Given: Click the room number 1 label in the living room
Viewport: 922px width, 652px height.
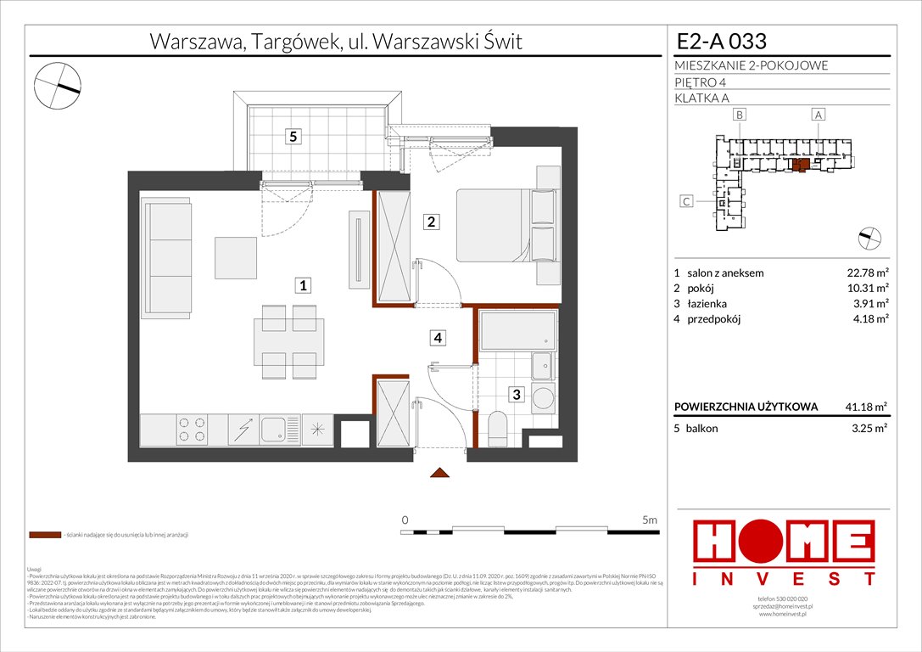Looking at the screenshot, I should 303,286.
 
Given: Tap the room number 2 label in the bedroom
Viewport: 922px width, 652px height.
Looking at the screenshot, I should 432,222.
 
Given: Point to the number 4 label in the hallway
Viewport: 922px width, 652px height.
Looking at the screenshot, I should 438,338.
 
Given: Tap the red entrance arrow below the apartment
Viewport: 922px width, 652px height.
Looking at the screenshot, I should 439,472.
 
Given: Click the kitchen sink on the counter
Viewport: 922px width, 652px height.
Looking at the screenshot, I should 276,430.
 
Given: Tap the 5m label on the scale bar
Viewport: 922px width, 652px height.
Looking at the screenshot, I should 651,520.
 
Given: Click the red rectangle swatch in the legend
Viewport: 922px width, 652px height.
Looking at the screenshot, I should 44,536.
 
